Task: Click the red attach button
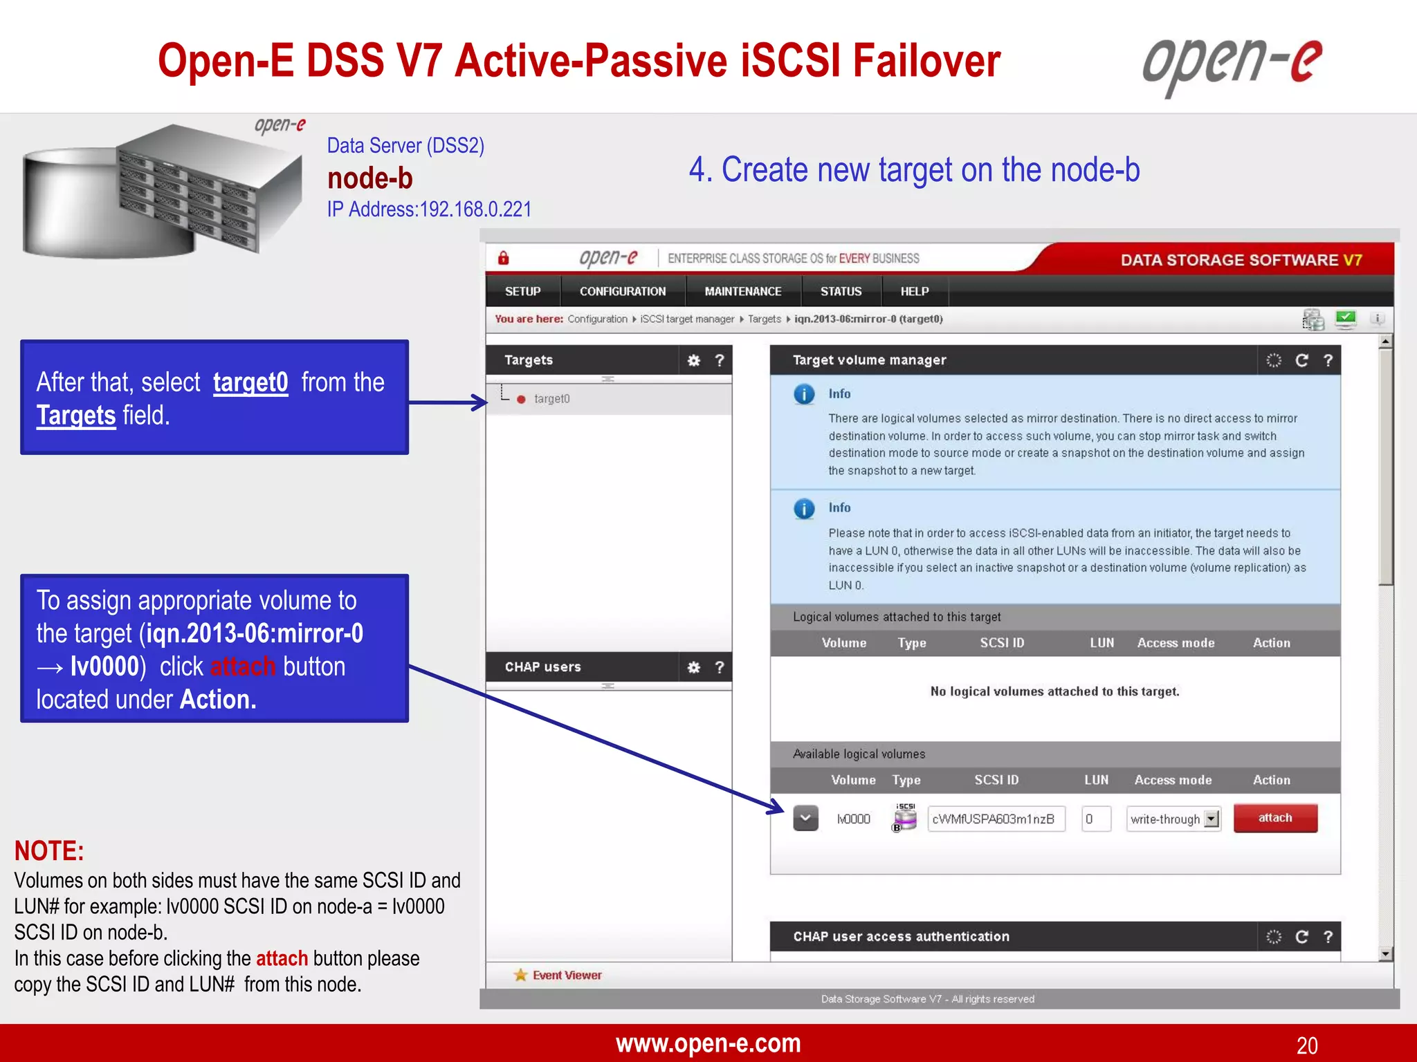pyautogui.click(x=1274, y=818)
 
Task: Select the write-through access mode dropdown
pyautogui.click(x=1173, y=819)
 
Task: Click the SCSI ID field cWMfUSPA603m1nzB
pyautogui.click(x=995, y=819)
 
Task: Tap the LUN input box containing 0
pyautogui.click(x=1095, y=819)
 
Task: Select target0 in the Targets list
pyautogui.click(x=551, y=399)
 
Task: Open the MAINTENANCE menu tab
pyautogui.click(x=742, y=292)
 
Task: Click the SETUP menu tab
pyautogui.click(x=522, y=292)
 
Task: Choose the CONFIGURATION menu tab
pyautogui.click(x=622, y=292)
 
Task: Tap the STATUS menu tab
pyautogui.click(x=841, y=292)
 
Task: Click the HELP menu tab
pyautogui.click(x=914, y=292)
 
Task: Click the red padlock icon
pyautogui.click(x=504, y=259)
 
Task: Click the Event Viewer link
pyautogui.click(x=566, y=975)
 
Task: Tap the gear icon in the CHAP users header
pyautogui.click(x=693, y=667)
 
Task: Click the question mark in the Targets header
pyautogui.click(x=720, y=360)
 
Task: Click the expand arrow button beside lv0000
pyautogui.click(x=805, y=819)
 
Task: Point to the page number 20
pyautogui.click(x=1306, y=1045)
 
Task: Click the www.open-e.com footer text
pyautogui.click(x=708, y=1043)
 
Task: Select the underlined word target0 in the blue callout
pyautogui.click(x=250, y=382)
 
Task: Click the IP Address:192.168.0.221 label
pyautogui.click(x=429, y=209)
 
